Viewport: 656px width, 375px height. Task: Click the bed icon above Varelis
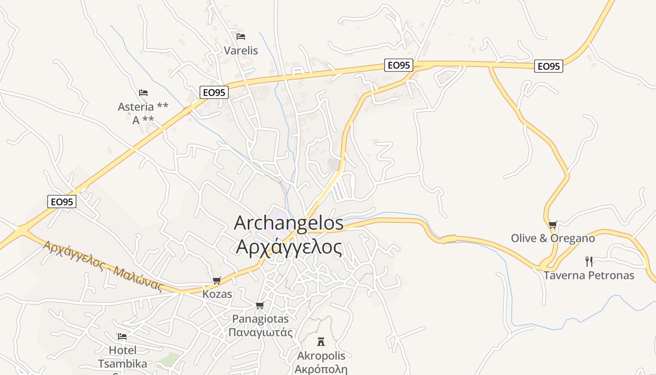241,36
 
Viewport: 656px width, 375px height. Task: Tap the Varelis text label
241,50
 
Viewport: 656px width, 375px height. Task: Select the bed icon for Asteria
143,92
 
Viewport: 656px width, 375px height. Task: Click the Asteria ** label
143,107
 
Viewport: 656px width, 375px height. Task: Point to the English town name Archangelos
289,223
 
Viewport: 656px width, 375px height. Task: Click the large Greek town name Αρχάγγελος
289,247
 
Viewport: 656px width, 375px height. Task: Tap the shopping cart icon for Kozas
216,280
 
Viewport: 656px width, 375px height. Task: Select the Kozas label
217,294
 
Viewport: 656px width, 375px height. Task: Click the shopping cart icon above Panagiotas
260,305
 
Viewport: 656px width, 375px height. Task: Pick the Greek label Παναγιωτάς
261,333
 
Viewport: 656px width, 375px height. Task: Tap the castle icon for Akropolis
321,341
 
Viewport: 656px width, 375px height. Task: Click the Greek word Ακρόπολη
321,368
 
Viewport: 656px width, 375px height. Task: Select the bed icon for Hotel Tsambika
122,336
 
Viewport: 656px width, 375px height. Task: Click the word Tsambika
122,364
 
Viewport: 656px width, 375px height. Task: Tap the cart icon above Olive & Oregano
553,225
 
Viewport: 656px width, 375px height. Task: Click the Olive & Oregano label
553,238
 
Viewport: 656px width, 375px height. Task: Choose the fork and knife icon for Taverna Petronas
589,261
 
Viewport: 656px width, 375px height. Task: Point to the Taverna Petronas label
589,275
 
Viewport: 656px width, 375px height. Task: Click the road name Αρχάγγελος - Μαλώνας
103,266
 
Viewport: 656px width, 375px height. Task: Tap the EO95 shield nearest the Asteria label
214,92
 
